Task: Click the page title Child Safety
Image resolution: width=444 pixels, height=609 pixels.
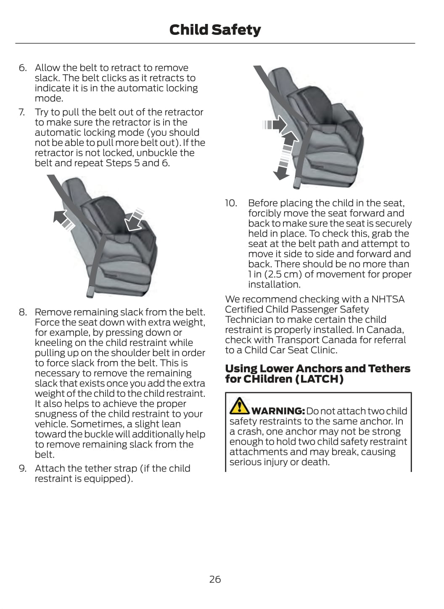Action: click(215, 30)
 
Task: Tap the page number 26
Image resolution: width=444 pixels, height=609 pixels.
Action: click(215, 579)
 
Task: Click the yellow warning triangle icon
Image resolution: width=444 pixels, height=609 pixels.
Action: click(239, 405)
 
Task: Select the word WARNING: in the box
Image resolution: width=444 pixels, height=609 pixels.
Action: click(278, 411)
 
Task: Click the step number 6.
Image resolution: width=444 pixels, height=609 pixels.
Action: click(22, 68)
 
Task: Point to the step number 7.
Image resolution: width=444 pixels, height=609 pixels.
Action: click(22, 112)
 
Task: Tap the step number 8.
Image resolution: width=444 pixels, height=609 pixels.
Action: click(22, 312)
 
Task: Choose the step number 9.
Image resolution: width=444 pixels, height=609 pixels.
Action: click(22, 468)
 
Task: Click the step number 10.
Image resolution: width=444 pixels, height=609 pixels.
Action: click(231, 203)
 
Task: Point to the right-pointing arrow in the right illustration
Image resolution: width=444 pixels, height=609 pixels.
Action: click(275, 125)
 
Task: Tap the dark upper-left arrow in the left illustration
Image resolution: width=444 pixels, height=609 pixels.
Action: click(62, 219)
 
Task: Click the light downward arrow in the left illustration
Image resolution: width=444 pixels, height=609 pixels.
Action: click(136, 219)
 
